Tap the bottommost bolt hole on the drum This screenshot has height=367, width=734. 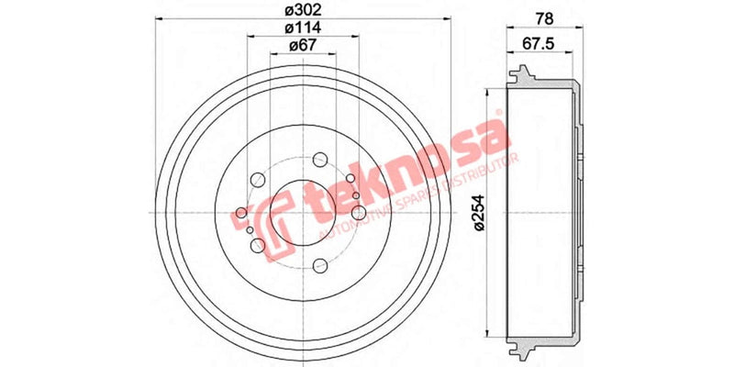pos(318,266)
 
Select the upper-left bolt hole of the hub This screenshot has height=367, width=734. pos(257,179)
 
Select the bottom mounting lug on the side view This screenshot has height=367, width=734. pos(526,352)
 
